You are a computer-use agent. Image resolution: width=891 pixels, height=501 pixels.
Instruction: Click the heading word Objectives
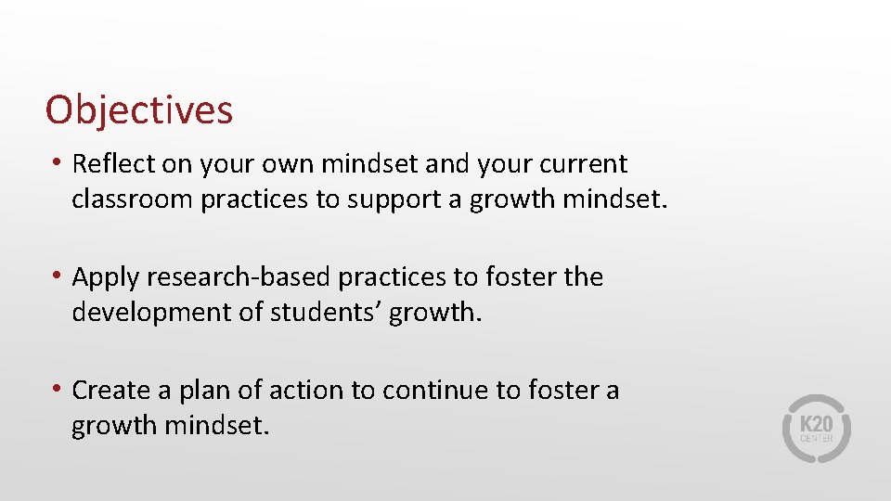pos(139,110)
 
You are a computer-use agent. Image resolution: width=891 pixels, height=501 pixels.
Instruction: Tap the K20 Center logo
pos(817,429)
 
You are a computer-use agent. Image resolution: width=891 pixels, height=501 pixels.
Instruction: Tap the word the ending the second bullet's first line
pos(583,277)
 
